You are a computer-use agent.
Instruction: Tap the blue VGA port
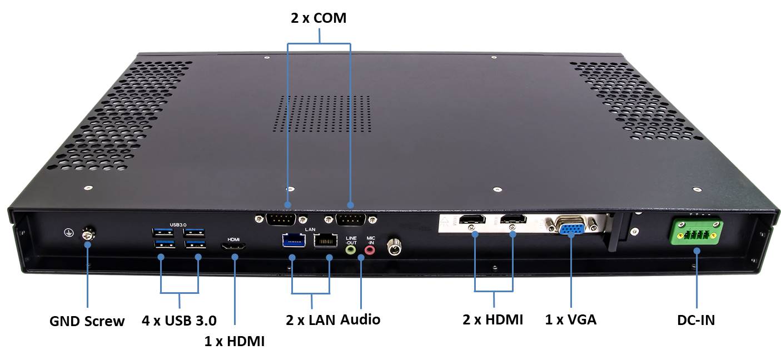tap(571, 228)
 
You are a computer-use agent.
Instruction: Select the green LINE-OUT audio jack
tap(351, 250)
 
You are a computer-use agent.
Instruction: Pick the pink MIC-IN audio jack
tap(370, 251)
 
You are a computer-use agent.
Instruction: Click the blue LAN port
tap(293, 241)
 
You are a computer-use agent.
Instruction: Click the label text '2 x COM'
tap(319, 18)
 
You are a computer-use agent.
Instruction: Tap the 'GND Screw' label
tap(87, 321)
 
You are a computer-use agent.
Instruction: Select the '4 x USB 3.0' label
tap(179, 320)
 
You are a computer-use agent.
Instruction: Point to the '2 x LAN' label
tap(311, 319)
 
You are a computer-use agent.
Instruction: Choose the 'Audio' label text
tap(360, 319)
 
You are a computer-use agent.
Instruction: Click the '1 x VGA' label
tap(571, 319)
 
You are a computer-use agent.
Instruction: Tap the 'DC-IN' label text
tap(696, 320)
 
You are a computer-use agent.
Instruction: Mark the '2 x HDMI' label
tap(493, 319)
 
